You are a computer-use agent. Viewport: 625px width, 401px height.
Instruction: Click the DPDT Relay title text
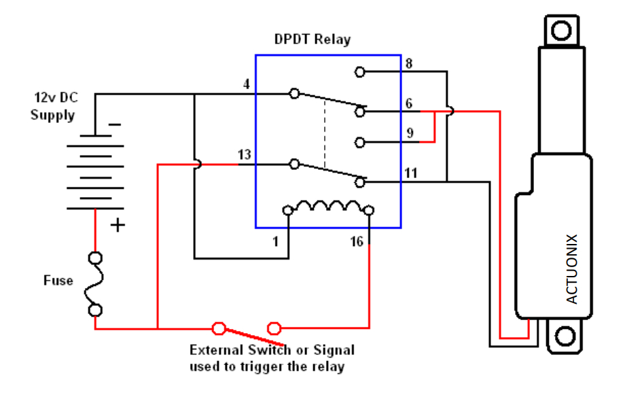[x=312, y=39]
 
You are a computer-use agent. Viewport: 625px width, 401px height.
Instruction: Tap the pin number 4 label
[x=247, y=84]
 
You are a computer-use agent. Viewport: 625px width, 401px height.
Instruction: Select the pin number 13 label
[x=245, y=156]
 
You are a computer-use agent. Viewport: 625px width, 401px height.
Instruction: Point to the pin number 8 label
[x=409, y=65]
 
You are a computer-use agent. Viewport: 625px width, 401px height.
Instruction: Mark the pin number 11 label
[x=411, y=173]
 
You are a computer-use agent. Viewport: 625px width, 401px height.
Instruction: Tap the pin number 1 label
[x=276, y=241]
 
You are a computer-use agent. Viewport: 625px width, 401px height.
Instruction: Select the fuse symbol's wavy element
[x=96, y=284]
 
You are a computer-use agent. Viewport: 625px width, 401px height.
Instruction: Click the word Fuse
[x=58, y=280]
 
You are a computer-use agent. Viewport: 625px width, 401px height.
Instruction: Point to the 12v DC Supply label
[x=53, y=107]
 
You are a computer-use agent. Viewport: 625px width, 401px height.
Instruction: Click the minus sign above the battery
[x=115, y=124]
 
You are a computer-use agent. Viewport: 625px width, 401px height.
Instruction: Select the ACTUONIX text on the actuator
[x=571, y=269]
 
